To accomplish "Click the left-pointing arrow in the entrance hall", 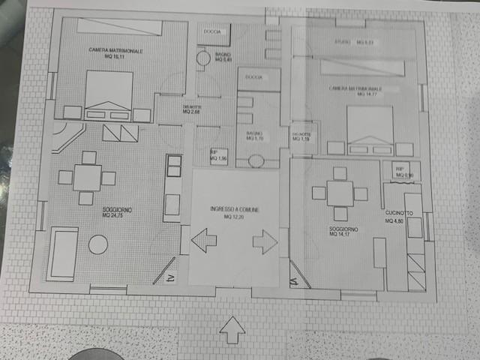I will (x=203, y=242).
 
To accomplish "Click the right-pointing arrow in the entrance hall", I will (x=265, y=242).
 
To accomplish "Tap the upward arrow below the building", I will (x=233, y=328).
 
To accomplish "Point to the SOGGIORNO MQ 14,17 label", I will (x=343, y=231).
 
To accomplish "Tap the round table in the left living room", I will (x=98, y=244).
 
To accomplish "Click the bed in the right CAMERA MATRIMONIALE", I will (x=370, y=129).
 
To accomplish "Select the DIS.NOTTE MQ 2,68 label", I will (x=193, y=111).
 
